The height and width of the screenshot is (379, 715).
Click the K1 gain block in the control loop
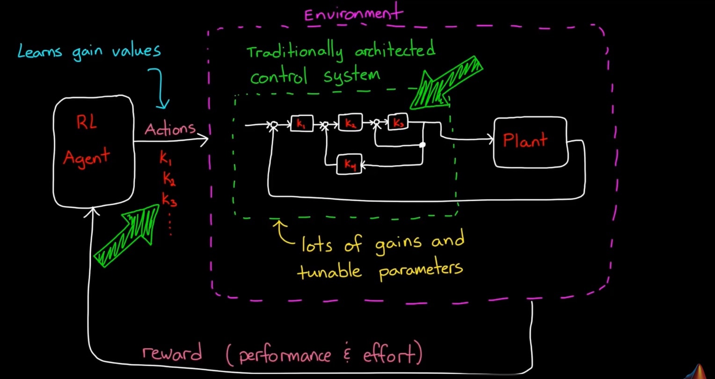pos(302,123)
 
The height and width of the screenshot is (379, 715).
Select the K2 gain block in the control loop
pos(350,122)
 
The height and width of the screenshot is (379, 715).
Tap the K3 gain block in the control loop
pos(398,122)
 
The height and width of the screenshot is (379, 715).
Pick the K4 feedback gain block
pos(349,164)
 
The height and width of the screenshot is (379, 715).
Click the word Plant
pos(525,140)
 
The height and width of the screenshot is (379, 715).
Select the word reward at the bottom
pos(172,353)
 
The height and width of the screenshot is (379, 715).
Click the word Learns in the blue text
pos(40,51)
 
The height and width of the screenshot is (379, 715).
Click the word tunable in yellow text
pos(329,270)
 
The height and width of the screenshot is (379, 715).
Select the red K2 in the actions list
pos(169,178)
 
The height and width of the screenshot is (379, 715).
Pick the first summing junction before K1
pos(274,125)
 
